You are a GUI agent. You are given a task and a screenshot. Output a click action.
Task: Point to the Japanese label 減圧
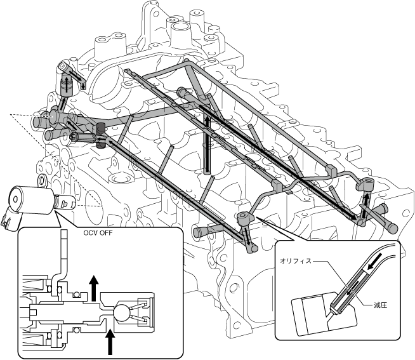point(381,304)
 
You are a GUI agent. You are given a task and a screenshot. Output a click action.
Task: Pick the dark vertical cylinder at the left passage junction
point(100,136)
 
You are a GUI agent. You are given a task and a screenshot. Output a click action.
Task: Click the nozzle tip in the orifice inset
point(335,310)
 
